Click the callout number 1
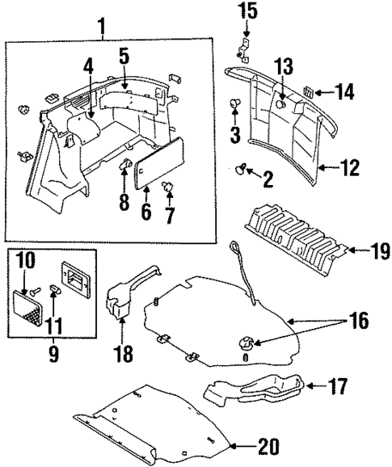[x=102, y=27]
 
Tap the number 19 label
[x=377, y=252]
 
